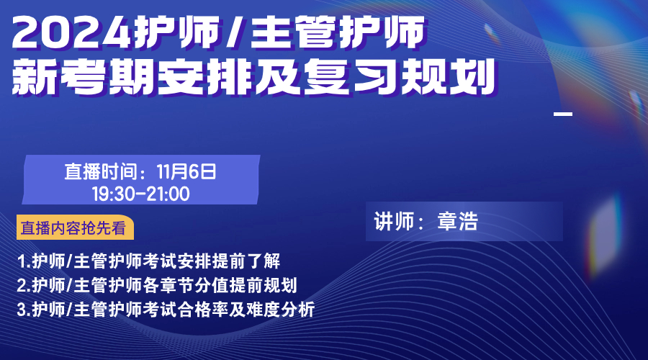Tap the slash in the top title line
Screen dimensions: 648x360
(x=235, y=32)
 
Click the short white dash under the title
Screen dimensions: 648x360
(x=563, y=114)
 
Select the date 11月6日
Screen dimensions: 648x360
(x=186, y=171)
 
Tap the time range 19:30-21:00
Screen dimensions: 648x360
(x=140, y=194)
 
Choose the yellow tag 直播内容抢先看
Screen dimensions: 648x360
(x=75, y=228)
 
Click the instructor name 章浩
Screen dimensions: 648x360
(x=457, y=221)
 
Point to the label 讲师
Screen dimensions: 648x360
(x=394, y=221)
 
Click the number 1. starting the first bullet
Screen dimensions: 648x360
(x=24, y=261)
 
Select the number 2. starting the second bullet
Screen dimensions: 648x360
(x=24, y=286)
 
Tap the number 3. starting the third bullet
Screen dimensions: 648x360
(x=24, y=310)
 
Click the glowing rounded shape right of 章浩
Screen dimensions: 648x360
(x=606, y=234)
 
